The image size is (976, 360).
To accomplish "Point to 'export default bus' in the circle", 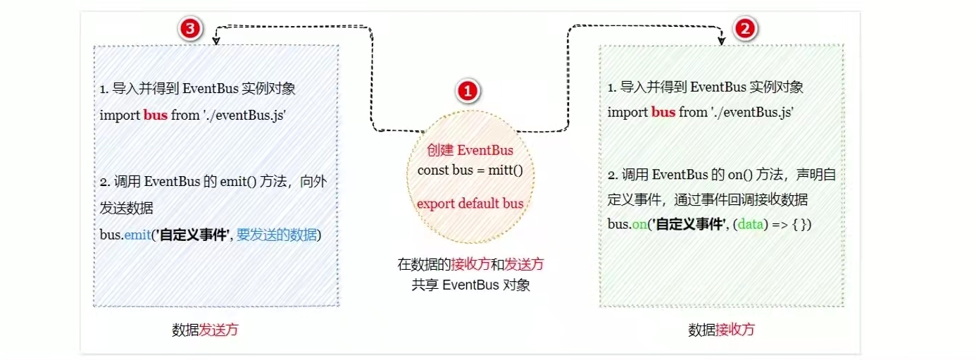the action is (470, 204).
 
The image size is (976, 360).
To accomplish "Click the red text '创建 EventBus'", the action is (470, 151).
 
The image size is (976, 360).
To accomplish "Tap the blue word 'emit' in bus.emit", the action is (134, 234).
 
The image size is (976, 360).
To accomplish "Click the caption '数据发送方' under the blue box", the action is (209, 330).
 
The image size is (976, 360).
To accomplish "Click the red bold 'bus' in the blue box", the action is (156, 115).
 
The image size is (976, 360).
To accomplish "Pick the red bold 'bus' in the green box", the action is (663, 112).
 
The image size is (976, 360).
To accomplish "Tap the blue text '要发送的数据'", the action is (277, 234).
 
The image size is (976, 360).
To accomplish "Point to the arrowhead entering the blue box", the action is (216, 42).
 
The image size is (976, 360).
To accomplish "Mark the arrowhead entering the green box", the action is (721, 42).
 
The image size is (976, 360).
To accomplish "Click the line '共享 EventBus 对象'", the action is (470, 285).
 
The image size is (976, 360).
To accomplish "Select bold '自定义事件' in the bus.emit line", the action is (192, 234).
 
